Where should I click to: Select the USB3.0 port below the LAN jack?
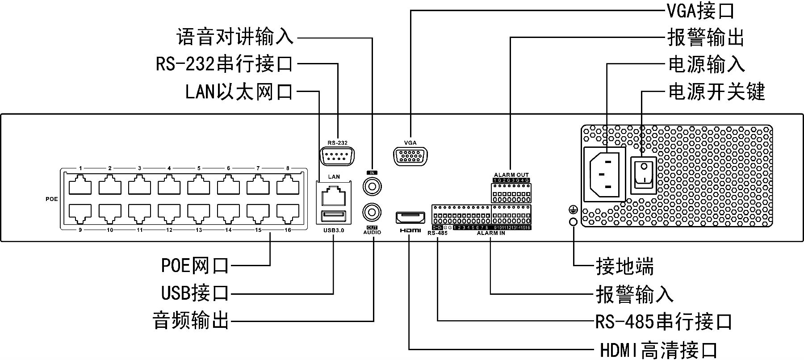(x=334, y=217)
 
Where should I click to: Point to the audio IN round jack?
(x=372, y=185)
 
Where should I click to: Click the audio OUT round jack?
(x=372, y=211)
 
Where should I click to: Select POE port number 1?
(x=80, y=184)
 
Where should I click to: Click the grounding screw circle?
(x=573, y=222)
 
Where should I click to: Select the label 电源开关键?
(x=716, y=92)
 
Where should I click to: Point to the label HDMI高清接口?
(x=658, y=350)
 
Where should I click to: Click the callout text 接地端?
(x=624, y=267)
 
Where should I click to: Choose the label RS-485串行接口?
(x=664, y=321)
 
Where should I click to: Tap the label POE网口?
(x=195, y=266)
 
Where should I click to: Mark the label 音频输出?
(x=191, y=321)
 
